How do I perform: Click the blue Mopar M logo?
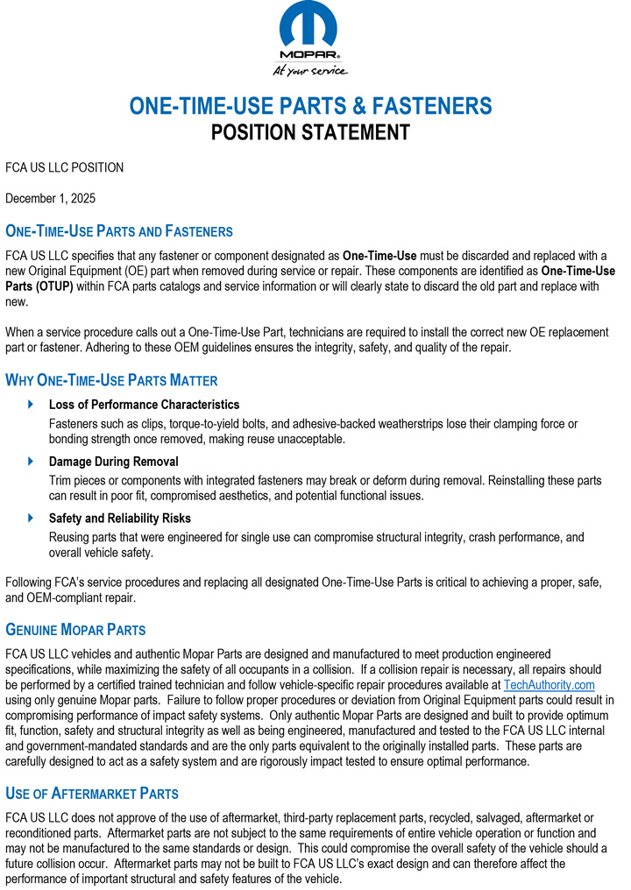[311, 26]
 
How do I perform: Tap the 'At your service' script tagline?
[310, 70]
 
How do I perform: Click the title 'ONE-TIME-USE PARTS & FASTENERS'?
[311, 107]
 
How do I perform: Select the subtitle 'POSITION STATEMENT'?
[311, 133]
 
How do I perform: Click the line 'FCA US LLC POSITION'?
[65, 167]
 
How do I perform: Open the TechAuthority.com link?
[549, 685]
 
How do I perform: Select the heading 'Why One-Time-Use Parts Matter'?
[111, 381]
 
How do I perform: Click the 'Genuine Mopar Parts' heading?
[75, 630]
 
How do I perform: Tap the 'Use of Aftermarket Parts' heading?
[92, 794]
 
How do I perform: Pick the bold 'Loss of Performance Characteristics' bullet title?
[144, 405]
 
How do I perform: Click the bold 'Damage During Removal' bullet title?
[113, 462]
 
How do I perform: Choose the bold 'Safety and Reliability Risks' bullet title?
[120, 519]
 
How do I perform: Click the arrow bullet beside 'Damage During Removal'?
[32, 462]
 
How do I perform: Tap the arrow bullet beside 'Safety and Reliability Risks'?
[32, 519]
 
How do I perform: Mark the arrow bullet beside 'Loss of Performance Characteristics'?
[32, 405]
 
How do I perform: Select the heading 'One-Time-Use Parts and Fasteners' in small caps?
[119, 232]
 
